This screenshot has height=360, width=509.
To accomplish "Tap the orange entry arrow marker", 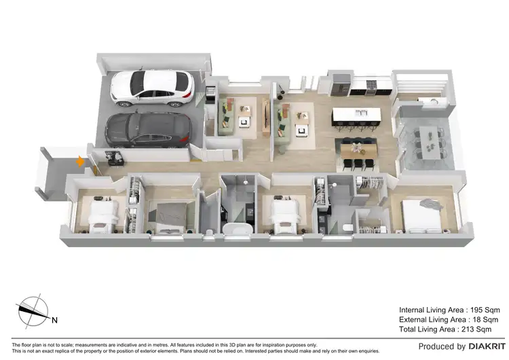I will click(x=81, y=162).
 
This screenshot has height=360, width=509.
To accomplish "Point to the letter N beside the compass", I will click(x=54, y=319).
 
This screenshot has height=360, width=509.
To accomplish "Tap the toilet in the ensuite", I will click(x=347, y=227).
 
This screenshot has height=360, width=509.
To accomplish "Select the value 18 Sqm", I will click(x=478, y=319).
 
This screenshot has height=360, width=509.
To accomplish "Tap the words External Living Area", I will click(x=432, y=319).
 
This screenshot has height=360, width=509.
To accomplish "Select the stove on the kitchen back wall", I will click(x=371, y=87).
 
